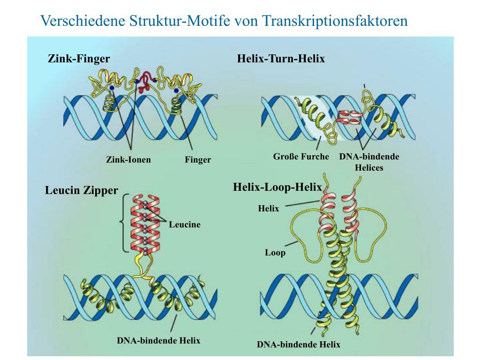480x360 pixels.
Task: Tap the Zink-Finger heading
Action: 79,59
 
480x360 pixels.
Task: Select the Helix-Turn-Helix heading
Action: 281,59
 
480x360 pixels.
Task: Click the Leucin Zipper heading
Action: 82,190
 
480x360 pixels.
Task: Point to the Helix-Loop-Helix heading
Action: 277,187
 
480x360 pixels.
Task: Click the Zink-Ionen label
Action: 128,159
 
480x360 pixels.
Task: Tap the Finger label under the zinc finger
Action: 198,160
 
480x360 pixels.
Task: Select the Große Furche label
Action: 301,157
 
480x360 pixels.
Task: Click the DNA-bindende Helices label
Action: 369,162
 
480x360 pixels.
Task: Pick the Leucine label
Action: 185,225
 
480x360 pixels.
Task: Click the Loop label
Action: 275,253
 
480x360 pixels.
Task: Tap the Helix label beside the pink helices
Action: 269,209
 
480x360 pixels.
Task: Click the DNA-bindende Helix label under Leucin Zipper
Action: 158,340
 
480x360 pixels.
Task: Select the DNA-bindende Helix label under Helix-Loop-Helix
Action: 299,345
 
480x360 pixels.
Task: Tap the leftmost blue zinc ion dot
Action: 112,88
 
